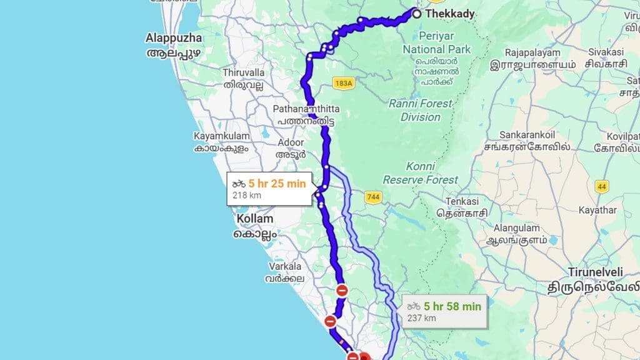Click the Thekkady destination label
450,14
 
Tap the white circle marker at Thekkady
416,12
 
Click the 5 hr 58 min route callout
444,311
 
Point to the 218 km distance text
246,196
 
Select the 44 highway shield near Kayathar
602,186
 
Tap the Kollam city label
254,219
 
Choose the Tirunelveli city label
599,272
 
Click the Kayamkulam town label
221,136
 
